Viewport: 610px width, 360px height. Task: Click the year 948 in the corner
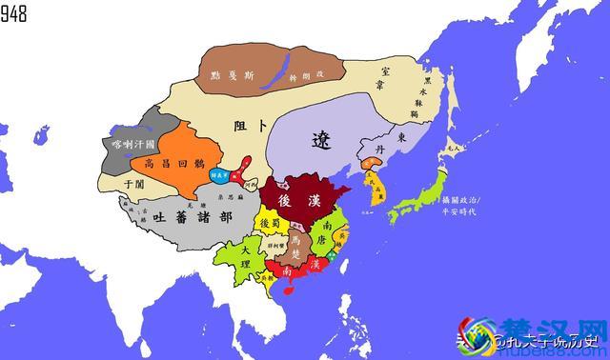click(15, 12)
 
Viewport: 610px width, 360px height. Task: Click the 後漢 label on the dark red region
click(301, 201)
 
